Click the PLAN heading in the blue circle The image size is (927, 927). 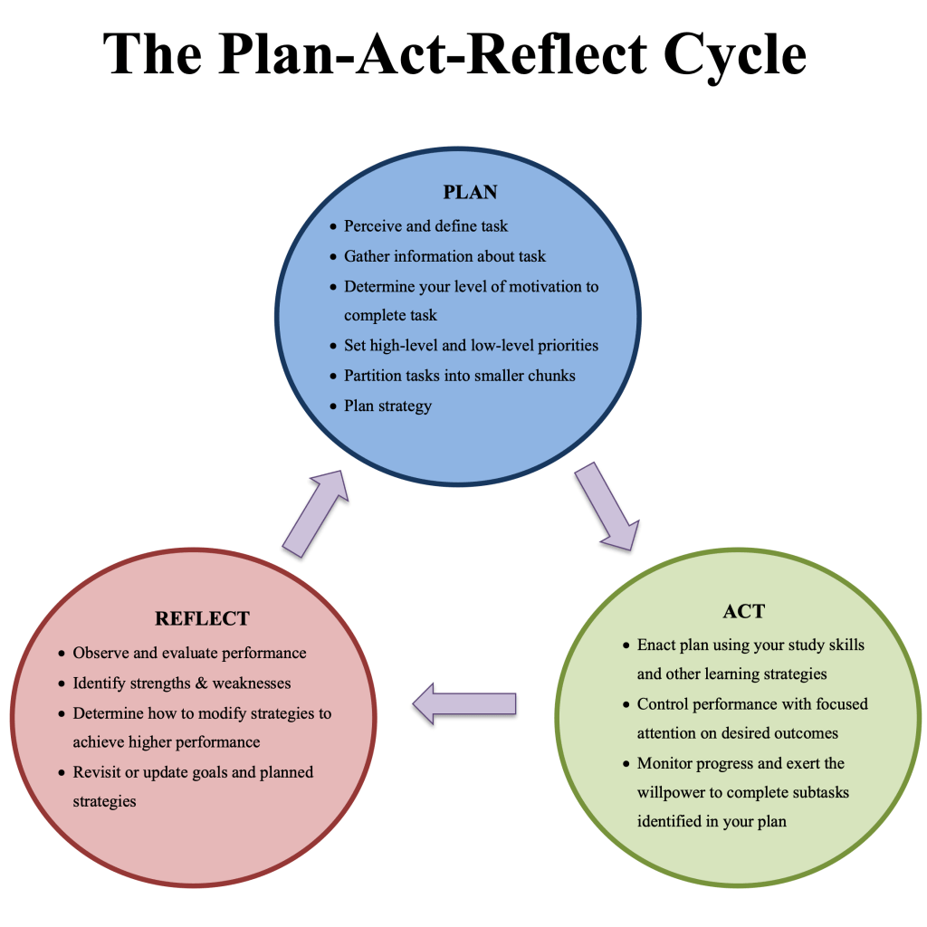pyautogui.click(x=470, y=192)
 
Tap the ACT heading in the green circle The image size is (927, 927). pyautogui.click(x=743, y=611)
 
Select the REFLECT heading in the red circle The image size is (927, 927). pyautogui.click(x=202, y=619)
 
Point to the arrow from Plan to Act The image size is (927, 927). pyautogui.click(x=605, y=507)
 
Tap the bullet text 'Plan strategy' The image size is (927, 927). pyautogui.click(x=387, y=406)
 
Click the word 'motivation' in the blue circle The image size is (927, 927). pyautogui.click(x=543, y=286)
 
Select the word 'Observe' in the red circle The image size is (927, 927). pyautogui.click(x=100, y=653)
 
